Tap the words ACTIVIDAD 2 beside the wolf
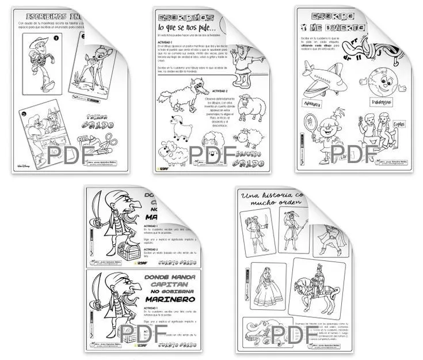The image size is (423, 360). tap(219, 92)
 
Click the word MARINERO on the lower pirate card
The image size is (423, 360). tap(167, 298)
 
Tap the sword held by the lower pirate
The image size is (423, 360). tap(97, 288)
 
